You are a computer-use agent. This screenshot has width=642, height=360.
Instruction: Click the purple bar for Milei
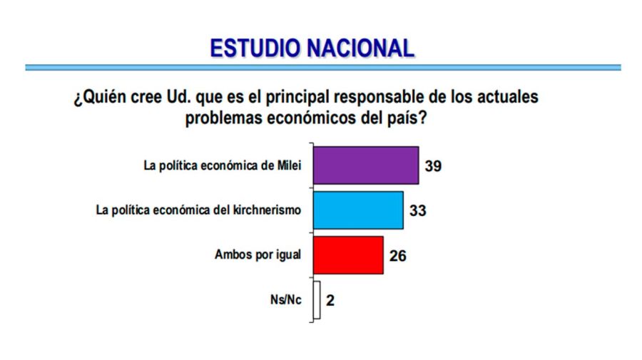pyautogui.click(x=366, y=165)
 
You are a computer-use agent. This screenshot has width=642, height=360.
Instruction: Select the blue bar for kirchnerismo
pyautogui.click(x=358, y=210)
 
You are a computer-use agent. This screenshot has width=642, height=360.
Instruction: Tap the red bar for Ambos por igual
pyautogui.click(x=348, y=254)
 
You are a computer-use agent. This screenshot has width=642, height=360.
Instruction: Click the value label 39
pyautogui.click(x=433, y=166)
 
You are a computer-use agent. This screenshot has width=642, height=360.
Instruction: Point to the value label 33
pyautogui.click(x=417, y=211)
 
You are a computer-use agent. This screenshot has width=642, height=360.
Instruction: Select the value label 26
pyautogui.click(x=398, y=255)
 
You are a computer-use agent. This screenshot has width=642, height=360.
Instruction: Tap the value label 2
pyautogui.click(x=330, y=300)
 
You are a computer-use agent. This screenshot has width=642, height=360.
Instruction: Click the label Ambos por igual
pyautogui.click(x=258, y=255)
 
